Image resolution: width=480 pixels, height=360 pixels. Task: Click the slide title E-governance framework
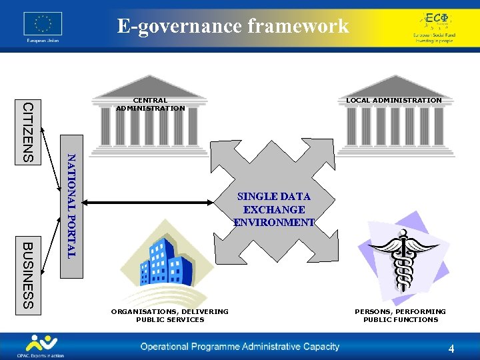pyautogui.click(x=233, y=26)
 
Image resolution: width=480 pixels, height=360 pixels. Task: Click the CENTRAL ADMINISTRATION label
pyautogui.click(x=150, y=105)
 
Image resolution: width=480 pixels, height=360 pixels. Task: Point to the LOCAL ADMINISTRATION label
pyautogui.click(x=393, y=100)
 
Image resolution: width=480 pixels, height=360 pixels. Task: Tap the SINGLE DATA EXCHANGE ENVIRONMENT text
pyautogui.click(x=273, y=209)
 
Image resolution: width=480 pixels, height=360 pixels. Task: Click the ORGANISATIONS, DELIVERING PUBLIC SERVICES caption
pyautogui.click(x=169, y=315)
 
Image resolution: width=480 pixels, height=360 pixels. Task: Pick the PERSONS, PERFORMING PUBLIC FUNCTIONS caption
pyautogui.click(x=400, y=315)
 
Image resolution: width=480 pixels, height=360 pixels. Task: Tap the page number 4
pyautogui.click(x=451, y=349)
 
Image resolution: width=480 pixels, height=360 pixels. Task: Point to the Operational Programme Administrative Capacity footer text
pyautogui.click(x=239, y=347)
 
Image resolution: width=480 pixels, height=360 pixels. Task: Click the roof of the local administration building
pyautogui.click(x=393, y=85)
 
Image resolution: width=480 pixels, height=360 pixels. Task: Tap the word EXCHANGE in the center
pyautogui.click(x=273, y=209)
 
